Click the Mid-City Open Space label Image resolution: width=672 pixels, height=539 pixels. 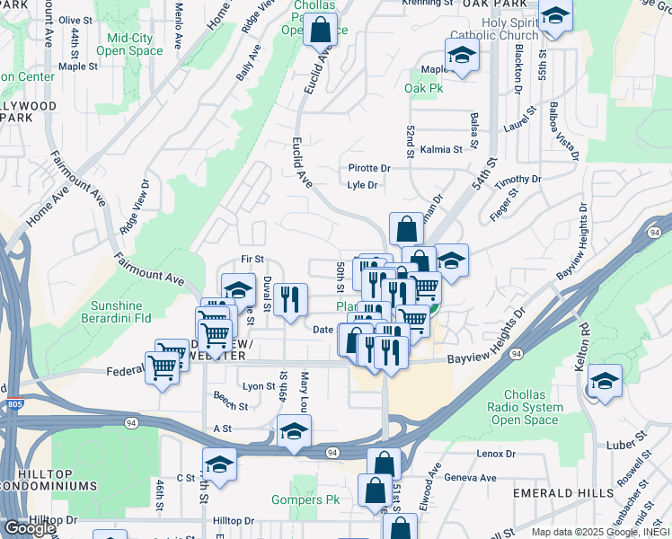[135, 44]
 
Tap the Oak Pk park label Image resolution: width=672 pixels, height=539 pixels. [424, 89]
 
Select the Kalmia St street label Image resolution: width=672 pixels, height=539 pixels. [440, 150]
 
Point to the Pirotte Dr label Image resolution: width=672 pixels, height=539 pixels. [369, 168]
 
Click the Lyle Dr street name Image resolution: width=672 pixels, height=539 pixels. [361, 185]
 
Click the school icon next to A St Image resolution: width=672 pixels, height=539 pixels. [294, 429]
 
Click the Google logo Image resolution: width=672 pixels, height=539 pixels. [29, 528]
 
